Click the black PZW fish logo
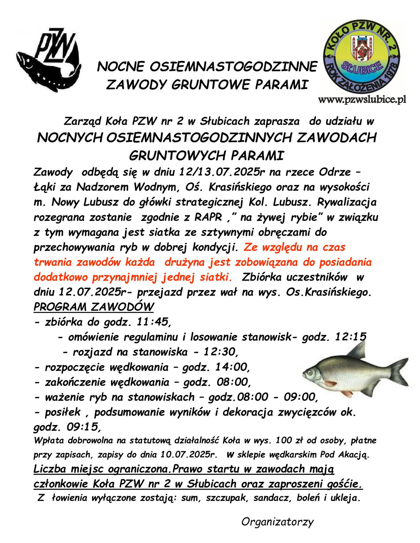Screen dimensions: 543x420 pyautogui.click(x=49, y=60)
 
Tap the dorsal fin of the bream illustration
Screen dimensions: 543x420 pyautogui.click(x=358, y=351)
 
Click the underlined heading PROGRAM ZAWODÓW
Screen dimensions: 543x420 pyautogui.click(x=93, y=307)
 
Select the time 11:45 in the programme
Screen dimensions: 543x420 pyautogui.click(x=153, y=322)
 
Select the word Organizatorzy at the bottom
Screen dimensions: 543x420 pyautogui.click(x=277, y=522)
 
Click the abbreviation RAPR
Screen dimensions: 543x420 pyautogui.click(x=208, y=217)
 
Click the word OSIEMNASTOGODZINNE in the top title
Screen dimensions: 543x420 pyautogui.click(x=233, y=67)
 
